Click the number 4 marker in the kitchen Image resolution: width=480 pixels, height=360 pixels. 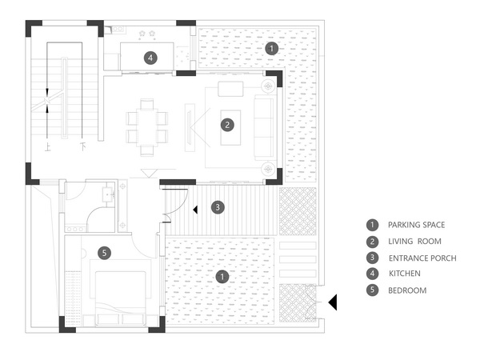click(150, 58)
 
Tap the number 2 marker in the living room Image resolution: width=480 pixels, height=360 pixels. click(227, 125)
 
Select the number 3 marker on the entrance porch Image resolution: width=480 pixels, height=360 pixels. click(218, 207)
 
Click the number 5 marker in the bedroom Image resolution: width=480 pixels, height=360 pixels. click(104, 253)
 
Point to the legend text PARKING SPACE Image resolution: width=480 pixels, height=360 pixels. click(416, 225)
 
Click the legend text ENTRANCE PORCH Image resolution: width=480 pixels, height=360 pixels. click(422, 258)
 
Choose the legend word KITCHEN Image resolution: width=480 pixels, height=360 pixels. click(404, 274)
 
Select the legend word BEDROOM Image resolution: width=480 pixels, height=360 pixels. click(407, 290)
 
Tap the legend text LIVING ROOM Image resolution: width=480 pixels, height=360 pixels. click(414, 242)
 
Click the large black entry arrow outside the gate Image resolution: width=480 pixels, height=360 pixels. click(334, 302)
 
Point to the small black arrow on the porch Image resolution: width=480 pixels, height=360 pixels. click(196, 210)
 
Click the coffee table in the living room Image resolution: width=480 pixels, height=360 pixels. click(230, 127)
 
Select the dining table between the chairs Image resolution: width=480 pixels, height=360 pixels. click(147, 127)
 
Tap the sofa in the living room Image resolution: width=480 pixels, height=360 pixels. click(264, 127)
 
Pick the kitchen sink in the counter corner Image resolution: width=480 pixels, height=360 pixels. click(118, 30)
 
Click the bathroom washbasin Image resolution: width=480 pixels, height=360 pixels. click(108, 194)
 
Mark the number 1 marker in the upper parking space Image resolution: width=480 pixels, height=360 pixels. click(271, 48)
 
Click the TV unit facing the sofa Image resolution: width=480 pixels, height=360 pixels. click(190, 127)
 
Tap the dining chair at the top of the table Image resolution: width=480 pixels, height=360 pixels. click(147, 103)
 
